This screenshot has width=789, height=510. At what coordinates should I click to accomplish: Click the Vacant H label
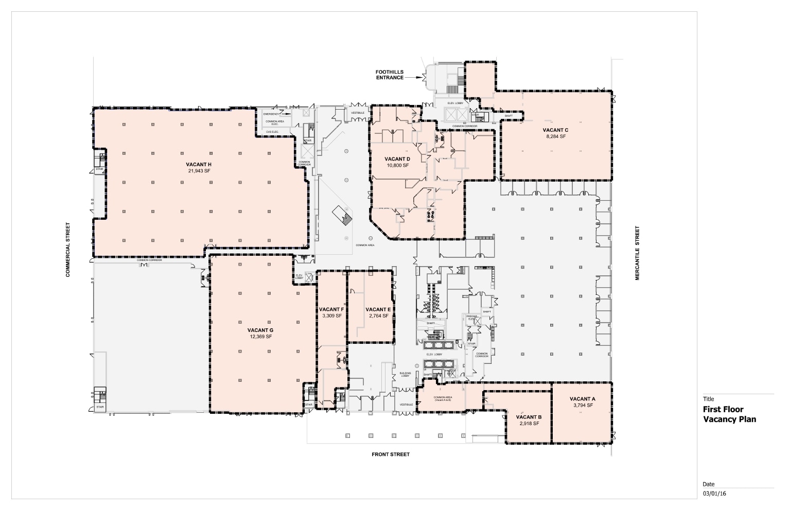click(199, 164)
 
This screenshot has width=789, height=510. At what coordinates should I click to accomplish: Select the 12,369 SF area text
click(260, 337)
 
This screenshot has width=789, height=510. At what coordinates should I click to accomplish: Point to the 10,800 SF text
click(397, 165)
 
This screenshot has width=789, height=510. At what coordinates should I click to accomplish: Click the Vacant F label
click(331, 309)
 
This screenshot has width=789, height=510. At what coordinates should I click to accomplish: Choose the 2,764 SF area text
click(378, 316)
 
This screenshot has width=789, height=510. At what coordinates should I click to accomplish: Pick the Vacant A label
click(583, 399)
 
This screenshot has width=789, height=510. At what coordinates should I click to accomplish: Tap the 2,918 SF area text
click(529, 424)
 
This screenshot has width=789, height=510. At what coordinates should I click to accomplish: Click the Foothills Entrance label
click(390, 75)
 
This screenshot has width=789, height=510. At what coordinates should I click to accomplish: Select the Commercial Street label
click(67, 250)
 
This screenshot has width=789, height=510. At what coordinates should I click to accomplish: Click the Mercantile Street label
click(637, 253)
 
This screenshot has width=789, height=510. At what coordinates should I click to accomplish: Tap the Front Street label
click(391, 454)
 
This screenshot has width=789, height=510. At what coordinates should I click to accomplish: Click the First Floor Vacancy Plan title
click(729, 414)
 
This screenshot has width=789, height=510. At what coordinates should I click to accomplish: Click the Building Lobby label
click(405, 374)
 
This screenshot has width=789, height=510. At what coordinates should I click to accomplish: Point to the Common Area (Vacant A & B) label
click(443, 399)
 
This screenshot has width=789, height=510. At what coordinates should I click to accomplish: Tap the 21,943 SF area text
click(199, 171)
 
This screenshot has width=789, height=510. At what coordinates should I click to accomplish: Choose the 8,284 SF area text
click(555, 136)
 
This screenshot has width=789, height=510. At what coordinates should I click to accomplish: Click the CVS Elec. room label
click(272, 132)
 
